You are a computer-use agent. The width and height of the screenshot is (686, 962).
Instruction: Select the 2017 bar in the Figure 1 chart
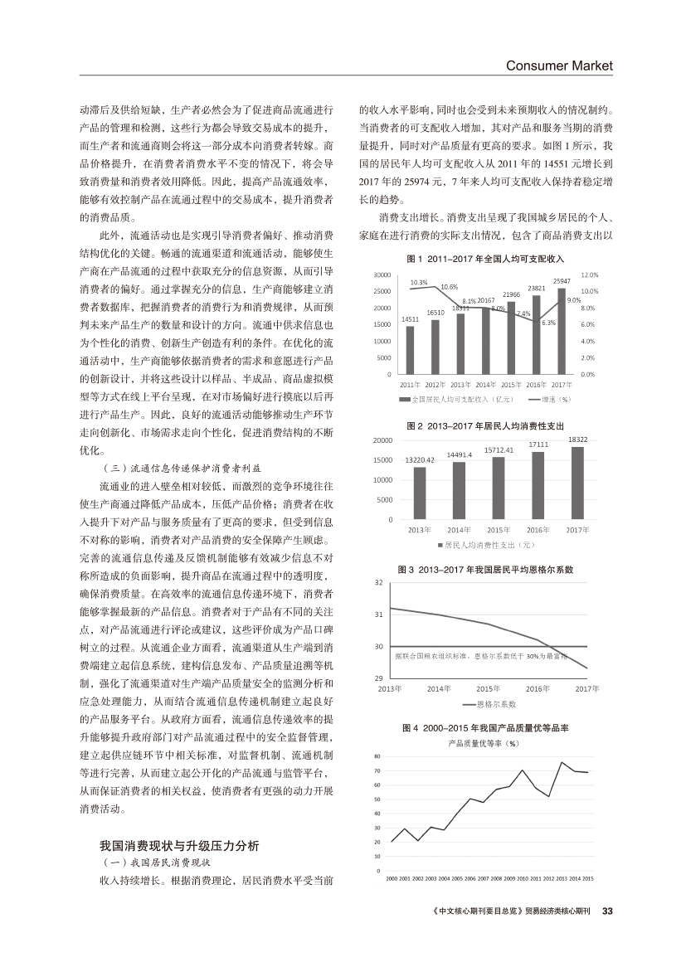562,331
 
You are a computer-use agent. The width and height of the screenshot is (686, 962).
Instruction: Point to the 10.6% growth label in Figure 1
449,286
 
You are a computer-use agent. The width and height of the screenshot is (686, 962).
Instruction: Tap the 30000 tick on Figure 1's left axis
382,275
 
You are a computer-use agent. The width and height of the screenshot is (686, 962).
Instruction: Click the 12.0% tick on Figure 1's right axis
590,275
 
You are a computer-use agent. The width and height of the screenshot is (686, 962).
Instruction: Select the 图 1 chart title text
485,260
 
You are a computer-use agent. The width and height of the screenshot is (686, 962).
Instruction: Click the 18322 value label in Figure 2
578,439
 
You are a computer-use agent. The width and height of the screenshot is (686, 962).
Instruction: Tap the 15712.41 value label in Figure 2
499,449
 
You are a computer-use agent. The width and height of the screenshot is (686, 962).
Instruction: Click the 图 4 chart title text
484,726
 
